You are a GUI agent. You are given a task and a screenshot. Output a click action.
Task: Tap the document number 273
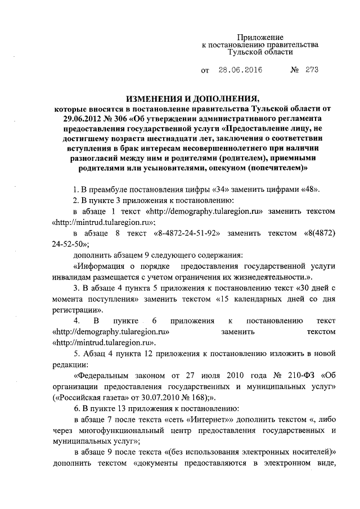[x=312, y=71]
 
